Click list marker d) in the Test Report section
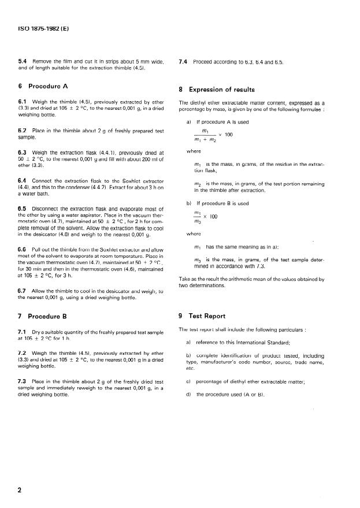[188, 394]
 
